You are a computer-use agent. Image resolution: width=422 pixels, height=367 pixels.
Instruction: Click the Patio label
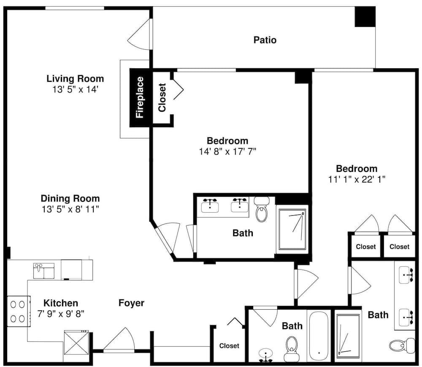click(x=265, y=40)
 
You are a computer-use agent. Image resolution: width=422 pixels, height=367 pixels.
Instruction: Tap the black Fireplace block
click(x=139, y=97)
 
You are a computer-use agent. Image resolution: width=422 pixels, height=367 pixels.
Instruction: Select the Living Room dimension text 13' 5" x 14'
click(x=75, y=89)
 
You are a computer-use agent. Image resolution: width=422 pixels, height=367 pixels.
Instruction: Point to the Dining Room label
click(x=70, y=198)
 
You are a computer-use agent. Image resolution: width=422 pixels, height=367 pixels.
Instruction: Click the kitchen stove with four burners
click(x=19, y=311)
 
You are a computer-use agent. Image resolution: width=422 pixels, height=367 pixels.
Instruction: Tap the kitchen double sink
click(x=43, y=271)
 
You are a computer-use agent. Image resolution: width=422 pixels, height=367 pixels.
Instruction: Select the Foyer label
click(x=131, y=303)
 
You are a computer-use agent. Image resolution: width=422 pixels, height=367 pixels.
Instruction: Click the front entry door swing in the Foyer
click(x=119, y=340)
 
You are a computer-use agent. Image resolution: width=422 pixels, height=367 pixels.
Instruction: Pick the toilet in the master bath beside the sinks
click(x=262, y=209)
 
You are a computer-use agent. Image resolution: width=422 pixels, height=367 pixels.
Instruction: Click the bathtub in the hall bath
click(x=319, y=336)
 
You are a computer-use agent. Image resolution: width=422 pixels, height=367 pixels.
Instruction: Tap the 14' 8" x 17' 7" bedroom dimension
click(x=227, y=152)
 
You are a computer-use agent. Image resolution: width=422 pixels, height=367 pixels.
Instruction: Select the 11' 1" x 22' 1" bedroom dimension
click(x=357, y=179)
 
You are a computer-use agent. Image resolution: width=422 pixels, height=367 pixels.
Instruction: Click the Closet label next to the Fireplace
click(x=162, y=97)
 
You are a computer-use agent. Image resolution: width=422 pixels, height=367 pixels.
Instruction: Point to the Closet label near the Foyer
click(x=229, y=346)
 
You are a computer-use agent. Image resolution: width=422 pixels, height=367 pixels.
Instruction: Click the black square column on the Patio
click(x=365, y=17)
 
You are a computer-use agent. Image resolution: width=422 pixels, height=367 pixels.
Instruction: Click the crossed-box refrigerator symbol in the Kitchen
click(x=76, y=343)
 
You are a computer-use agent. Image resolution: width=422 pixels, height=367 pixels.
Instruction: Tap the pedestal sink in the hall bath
click(x=265, y=355)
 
